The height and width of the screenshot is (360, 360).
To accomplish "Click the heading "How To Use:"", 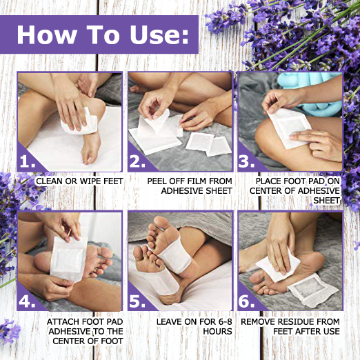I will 100,34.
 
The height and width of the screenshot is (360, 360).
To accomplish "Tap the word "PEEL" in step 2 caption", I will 160,181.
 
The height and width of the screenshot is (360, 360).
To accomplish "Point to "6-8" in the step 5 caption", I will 195,321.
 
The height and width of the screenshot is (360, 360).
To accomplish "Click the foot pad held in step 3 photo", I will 290,126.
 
